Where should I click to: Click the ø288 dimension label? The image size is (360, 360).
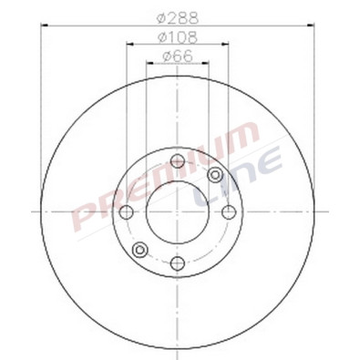(178, 17)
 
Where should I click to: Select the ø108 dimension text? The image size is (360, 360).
(178, 37)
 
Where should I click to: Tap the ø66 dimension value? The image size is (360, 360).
(177, 57)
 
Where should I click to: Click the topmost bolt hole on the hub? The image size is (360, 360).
(178, 162)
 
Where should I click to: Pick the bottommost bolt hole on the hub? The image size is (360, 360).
(178, 262)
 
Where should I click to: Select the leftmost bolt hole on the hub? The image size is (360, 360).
(128, 212)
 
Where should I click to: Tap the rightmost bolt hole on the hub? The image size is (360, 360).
(228, 212)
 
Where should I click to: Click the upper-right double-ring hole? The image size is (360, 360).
(215, 175)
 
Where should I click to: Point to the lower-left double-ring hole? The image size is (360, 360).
(139, 250)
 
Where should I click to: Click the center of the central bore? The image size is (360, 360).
(178, 212)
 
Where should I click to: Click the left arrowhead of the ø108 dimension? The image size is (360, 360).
(129, 45)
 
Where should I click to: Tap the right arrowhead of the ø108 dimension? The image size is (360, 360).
(226, 45)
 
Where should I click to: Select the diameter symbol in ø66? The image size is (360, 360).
(165, 57)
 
